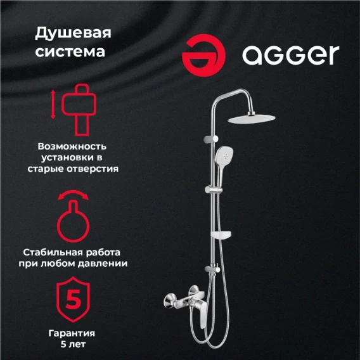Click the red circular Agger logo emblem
[203, 55]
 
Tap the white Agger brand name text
[291, 55]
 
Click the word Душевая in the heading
[73, 33]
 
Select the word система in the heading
[70, 52]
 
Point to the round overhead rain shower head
[252, 119]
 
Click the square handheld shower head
[224, 155]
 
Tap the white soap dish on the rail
[221, 235]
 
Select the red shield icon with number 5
[74, 299]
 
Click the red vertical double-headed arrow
[53, 105]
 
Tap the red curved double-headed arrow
[73, 194]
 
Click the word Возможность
[72, 146]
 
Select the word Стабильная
[53, 252]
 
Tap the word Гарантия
[72, 333]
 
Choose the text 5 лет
[73, 344]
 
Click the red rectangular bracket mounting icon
[79, 110]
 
